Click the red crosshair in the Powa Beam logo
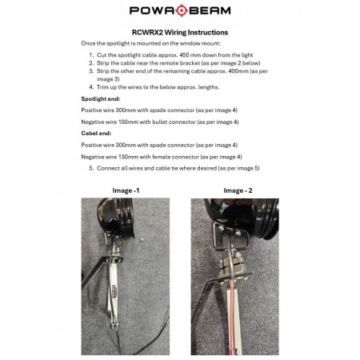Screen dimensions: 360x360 coord(182,10)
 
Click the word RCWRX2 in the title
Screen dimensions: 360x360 coord(147,33)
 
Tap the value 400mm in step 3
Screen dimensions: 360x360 coord(238,71)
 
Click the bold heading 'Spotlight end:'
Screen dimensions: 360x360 coord(101,99)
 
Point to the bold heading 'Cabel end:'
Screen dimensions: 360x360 coord(96,134)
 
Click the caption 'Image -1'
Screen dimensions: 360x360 coord(126,190)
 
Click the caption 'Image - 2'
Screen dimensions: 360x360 coord(238,190)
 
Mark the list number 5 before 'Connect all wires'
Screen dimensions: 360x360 coord(91,168)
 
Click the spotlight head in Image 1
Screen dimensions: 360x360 coord(117,217)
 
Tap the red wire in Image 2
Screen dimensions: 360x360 coord(232,318)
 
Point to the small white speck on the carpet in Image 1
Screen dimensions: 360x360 coord(142,239)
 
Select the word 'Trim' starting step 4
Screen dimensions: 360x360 coord(102,87)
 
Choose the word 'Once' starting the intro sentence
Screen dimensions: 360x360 coord(87,43)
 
